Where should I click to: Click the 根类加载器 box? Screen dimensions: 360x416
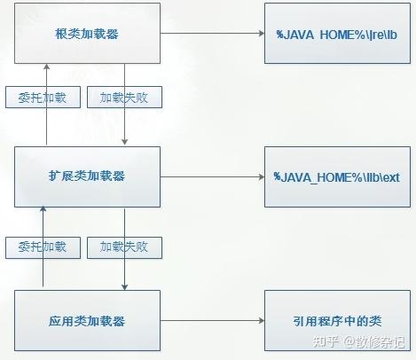87,33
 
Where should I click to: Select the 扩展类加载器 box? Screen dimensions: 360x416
87,176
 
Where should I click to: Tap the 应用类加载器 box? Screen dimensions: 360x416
87,319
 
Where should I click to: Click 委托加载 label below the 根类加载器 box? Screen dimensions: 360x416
43,98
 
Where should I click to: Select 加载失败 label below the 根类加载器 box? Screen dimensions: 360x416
124,98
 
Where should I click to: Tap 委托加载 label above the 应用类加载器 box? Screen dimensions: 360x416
43,246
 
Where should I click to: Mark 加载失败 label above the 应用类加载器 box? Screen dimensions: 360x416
124,246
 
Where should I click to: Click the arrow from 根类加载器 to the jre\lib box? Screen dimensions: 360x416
212,33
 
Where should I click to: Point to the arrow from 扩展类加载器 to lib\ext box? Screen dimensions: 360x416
212,176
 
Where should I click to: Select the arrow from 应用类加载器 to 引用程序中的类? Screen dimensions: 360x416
212,319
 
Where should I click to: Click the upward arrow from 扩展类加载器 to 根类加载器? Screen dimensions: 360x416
46,124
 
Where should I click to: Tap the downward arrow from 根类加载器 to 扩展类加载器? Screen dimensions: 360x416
126,124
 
